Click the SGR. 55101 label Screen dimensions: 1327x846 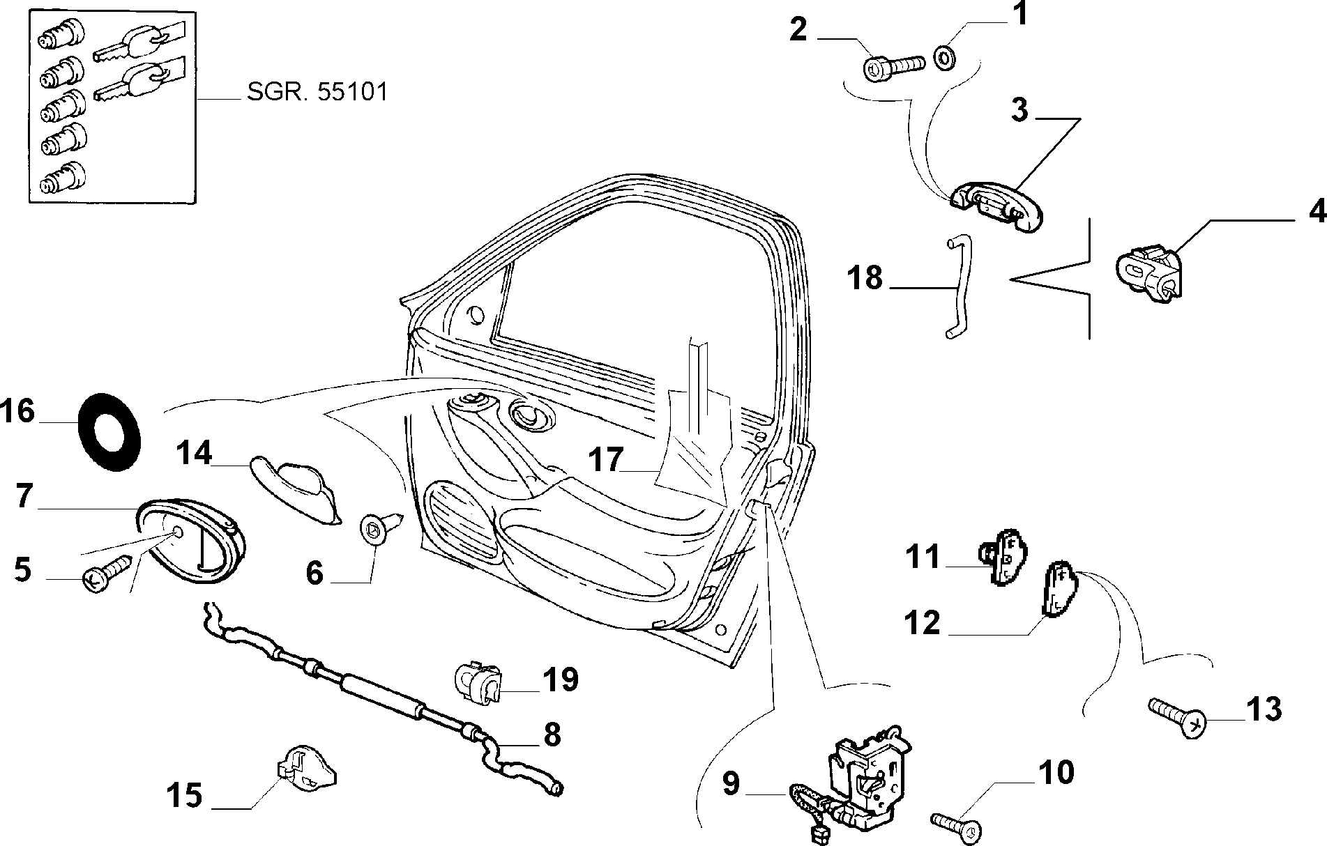(317, 92)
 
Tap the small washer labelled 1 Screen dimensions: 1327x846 (945, 57)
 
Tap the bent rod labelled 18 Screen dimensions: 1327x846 (955, 287)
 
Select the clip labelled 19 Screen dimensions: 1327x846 (478, 681)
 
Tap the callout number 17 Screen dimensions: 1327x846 (605, 461)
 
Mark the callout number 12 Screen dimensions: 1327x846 (923, 622)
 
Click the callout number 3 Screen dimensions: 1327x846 (1019, 109)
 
